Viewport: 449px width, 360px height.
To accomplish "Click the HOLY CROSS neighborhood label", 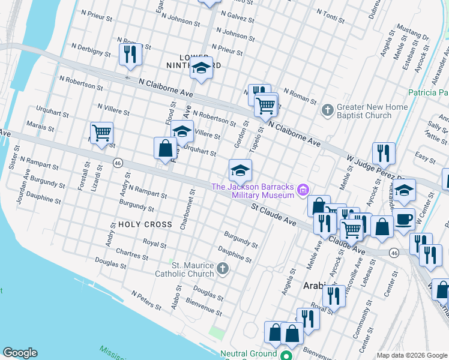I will [141, 224].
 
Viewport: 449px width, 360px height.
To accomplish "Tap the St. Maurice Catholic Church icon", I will [223, 268].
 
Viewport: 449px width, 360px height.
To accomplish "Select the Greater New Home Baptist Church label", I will [372, 111].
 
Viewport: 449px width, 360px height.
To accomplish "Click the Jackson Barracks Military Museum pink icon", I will [303, 191].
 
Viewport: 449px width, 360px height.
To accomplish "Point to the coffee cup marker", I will [403, 218].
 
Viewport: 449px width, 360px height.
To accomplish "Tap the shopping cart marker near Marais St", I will [102, 133].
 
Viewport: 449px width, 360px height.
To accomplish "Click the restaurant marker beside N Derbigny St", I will [130, 53].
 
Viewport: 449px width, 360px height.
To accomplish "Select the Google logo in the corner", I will [20, 353].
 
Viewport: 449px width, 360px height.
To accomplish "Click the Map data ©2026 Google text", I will [411, 355].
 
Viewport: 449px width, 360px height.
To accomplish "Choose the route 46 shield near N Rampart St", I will [118, 162].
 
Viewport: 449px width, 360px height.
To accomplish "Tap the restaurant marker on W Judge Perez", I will [383, 153].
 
